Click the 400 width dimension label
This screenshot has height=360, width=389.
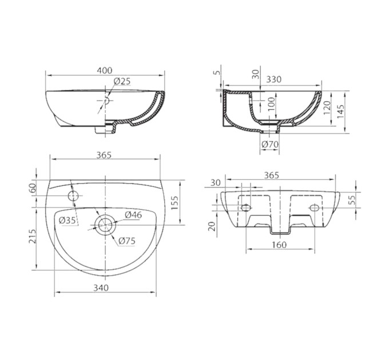coord(105,70)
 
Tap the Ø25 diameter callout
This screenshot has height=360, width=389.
coord(122,81)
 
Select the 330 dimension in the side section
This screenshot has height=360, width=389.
coord(274,79)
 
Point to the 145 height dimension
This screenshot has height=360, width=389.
coord(340,111)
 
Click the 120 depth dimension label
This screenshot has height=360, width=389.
coord(327,107)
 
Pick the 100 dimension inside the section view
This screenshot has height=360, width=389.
coord(272,104)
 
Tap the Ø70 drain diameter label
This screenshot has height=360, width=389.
coord(270,144)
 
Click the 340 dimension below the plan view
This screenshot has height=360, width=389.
coord(101,287)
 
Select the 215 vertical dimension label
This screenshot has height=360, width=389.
coord(33,237)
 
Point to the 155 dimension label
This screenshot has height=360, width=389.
coord(174,203)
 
